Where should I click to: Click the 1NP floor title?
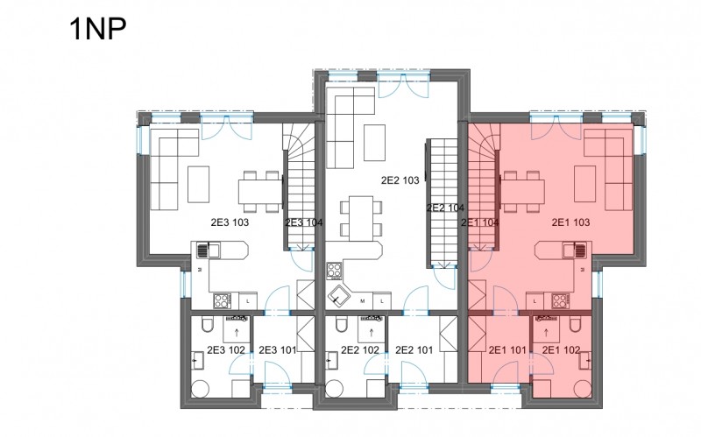click(98, 29)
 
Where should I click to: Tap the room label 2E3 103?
click(230, 222)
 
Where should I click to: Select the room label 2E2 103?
click(400, 180)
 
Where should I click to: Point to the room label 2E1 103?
click(571, 222)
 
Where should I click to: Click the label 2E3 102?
click(226, 350)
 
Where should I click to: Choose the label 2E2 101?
click(414, 350)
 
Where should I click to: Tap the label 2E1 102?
click(561, 350)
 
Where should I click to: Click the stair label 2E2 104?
click(445, 208)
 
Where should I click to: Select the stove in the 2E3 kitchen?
click(223, 300)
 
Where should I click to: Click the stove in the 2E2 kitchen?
click(335, 271)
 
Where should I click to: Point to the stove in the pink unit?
click(560, 300)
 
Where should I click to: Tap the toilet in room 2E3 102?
click(208, 324)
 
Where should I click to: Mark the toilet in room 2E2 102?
click(341, 324)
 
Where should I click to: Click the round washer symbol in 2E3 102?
click(200, 389)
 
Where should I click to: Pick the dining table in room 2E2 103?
click(361, 219)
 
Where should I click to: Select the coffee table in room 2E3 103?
click(198, 184)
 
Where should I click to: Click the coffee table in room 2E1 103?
click(584, 184)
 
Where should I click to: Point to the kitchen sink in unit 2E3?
click(209, 250)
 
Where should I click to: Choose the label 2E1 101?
click(507, 350)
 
